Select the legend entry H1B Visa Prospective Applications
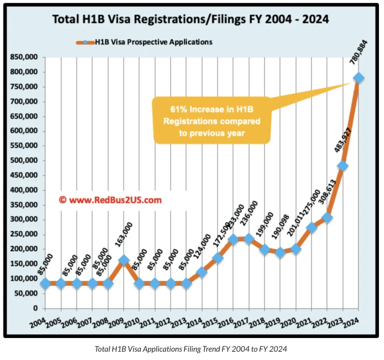[153, 42]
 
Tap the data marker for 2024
[358, 78]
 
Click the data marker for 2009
[123, 260]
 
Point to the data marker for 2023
[343, 166]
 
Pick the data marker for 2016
[233, 239]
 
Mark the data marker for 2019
[280, 253]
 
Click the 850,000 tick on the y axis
[25, 58]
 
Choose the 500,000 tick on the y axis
[25, 161]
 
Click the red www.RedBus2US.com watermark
[110, 200]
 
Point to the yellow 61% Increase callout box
[212, 121]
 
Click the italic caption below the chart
[191, 349]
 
